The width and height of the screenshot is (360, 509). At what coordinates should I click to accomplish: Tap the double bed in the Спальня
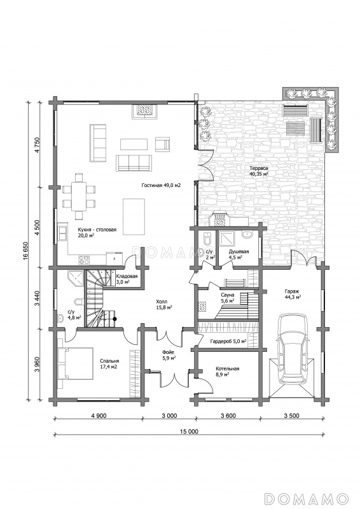click(x=75, y=363)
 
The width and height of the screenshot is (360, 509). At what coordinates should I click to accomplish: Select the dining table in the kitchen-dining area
click(x=79, y=197)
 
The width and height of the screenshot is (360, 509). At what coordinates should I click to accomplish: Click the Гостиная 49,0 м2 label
click(x=161, y=186)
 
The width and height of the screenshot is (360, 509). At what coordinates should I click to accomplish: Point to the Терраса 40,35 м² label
click(x=259, y=171)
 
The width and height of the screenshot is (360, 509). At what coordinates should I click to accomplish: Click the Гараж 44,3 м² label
click(x=293, y=294)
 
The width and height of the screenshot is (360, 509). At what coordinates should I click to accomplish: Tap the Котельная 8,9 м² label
click(x=228, y=372)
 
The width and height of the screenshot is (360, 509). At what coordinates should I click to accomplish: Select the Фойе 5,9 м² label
click(x=169, y=355)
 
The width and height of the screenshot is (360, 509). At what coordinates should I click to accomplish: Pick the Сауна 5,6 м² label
click(x=228, y=298)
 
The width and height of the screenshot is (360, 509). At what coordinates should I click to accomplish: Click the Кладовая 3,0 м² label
click(x=127, y=279)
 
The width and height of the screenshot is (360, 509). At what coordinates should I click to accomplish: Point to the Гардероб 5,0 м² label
click(x=228, y=342)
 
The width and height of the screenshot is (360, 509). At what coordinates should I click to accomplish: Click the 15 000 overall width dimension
click(x=189, y=431)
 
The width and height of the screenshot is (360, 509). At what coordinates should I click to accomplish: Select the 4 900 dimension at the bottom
click(x=98, y=415)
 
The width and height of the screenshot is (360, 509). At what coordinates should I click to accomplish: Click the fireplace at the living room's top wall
click(x=145, y=111)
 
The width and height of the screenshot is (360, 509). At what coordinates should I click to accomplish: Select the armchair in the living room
click(x=163, y=144)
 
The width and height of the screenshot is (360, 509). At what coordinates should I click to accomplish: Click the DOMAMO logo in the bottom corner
click(x=306, y=498)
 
